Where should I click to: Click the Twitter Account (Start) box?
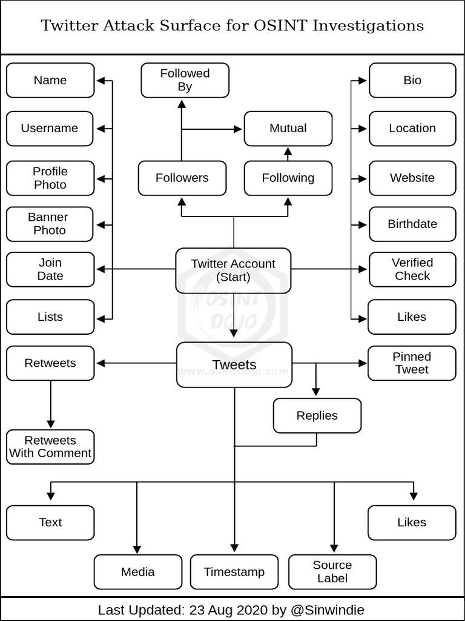(233, 270)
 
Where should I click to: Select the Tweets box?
(234, 364)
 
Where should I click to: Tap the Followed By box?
(185, 80)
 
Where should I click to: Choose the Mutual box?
(288, 129)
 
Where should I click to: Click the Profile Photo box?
(50, 178)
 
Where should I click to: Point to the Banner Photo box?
(50, 224)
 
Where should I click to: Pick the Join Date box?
(50, 269)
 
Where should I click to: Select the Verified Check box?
(412, 269)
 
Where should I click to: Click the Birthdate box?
(412, 224)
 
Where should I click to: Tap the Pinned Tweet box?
(412, 363)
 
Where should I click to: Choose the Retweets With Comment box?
(50, 447)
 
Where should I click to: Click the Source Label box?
(332, 571)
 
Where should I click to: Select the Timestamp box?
(234, 572)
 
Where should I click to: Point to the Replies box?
(317, 415)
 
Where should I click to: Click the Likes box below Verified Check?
(412, 317)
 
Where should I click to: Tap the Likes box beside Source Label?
(412, 522)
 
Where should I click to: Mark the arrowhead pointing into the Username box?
(101, 129)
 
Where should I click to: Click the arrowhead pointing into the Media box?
(137, 549)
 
